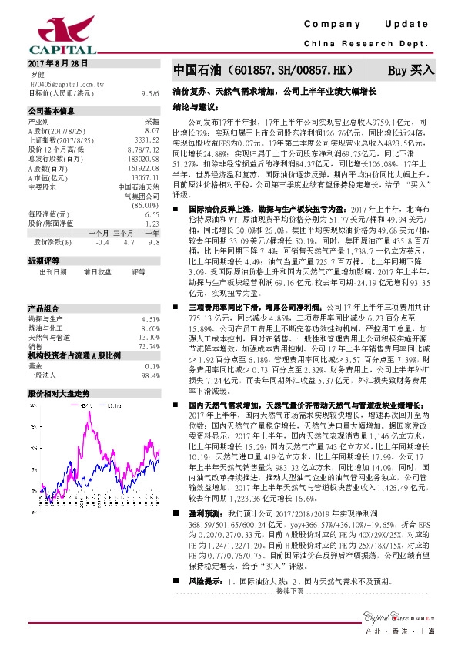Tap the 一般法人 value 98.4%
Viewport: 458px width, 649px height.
click(x=148, y=354)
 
